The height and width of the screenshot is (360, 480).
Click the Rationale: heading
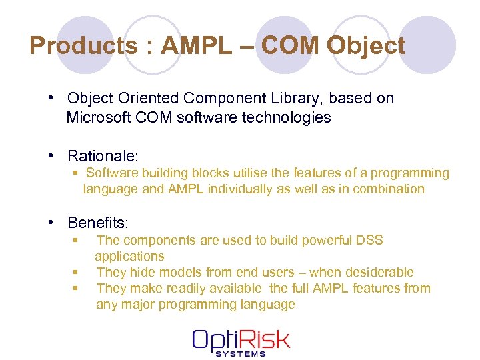click(103, 156)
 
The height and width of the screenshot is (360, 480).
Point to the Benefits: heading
click(99, 223)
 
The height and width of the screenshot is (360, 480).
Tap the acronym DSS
click(369, 240)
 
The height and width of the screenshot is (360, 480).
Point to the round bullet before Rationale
click(51, 156)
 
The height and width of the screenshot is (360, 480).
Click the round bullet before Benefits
click(51, 223)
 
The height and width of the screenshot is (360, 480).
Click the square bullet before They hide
click(75, 272)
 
